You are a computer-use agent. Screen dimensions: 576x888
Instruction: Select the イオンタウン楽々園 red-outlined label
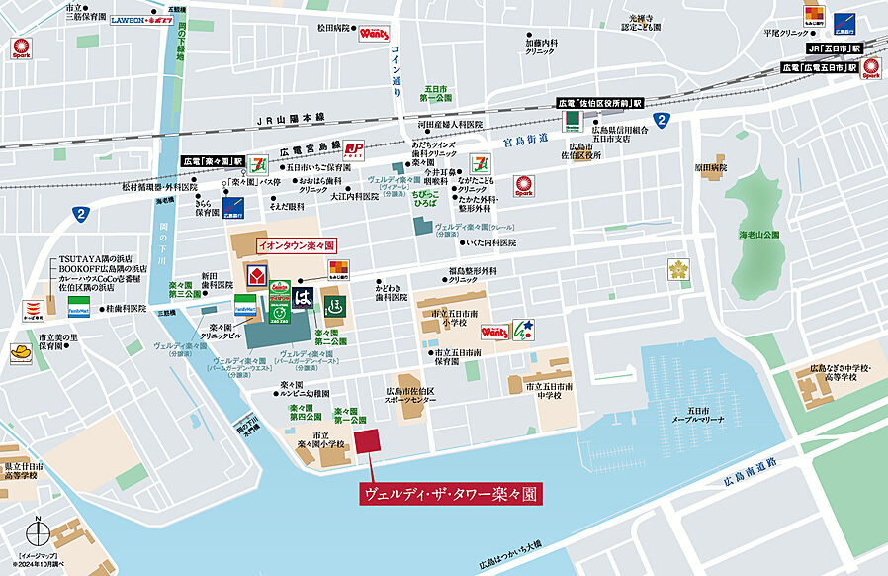point(297,243)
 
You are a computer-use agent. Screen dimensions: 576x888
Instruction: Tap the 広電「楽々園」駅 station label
point(213,159)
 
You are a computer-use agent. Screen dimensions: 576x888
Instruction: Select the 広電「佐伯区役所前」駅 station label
point(599,103)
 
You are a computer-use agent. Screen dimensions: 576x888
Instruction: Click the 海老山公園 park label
point(759,235)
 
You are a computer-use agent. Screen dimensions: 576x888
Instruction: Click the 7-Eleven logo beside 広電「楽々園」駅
point(258,158)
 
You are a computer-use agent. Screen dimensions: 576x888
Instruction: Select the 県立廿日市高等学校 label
point(21,471)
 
